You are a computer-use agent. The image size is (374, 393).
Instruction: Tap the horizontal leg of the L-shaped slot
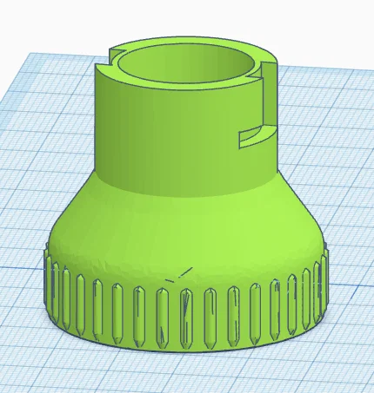pyautogui.click(x=252, y=134)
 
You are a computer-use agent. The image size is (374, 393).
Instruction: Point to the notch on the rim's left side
pyautogui.click(x=110, y=62)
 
